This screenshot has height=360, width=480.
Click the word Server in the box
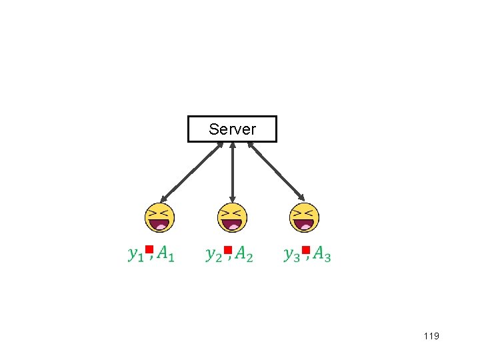(x=232, y=129)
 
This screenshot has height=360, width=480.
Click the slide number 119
(x=431, y=337)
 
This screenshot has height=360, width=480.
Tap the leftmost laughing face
(x=160, y=217)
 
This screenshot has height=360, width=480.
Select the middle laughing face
(x=232, y=217)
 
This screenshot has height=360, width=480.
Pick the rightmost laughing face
(x=304, y=217)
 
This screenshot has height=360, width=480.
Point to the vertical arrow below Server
(x=232, y=171)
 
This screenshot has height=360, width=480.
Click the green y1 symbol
(x=135, y=254)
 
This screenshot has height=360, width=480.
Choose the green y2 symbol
(x=213, y=254)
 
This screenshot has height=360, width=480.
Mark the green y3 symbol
(x=291, y=254)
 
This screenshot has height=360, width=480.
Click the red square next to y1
(x=149, y=250)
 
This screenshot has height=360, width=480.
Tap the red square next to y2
(x=227, y=250)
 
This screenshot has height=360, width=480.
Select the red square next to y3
(x=305, y=250)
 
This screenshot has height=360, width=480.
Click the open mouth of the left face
(x=160, y=225)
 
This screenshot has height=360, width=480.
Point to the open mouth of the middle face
(x=232, y=225)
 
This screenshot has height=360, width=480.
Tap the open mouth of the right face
(x=304, y=225)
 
